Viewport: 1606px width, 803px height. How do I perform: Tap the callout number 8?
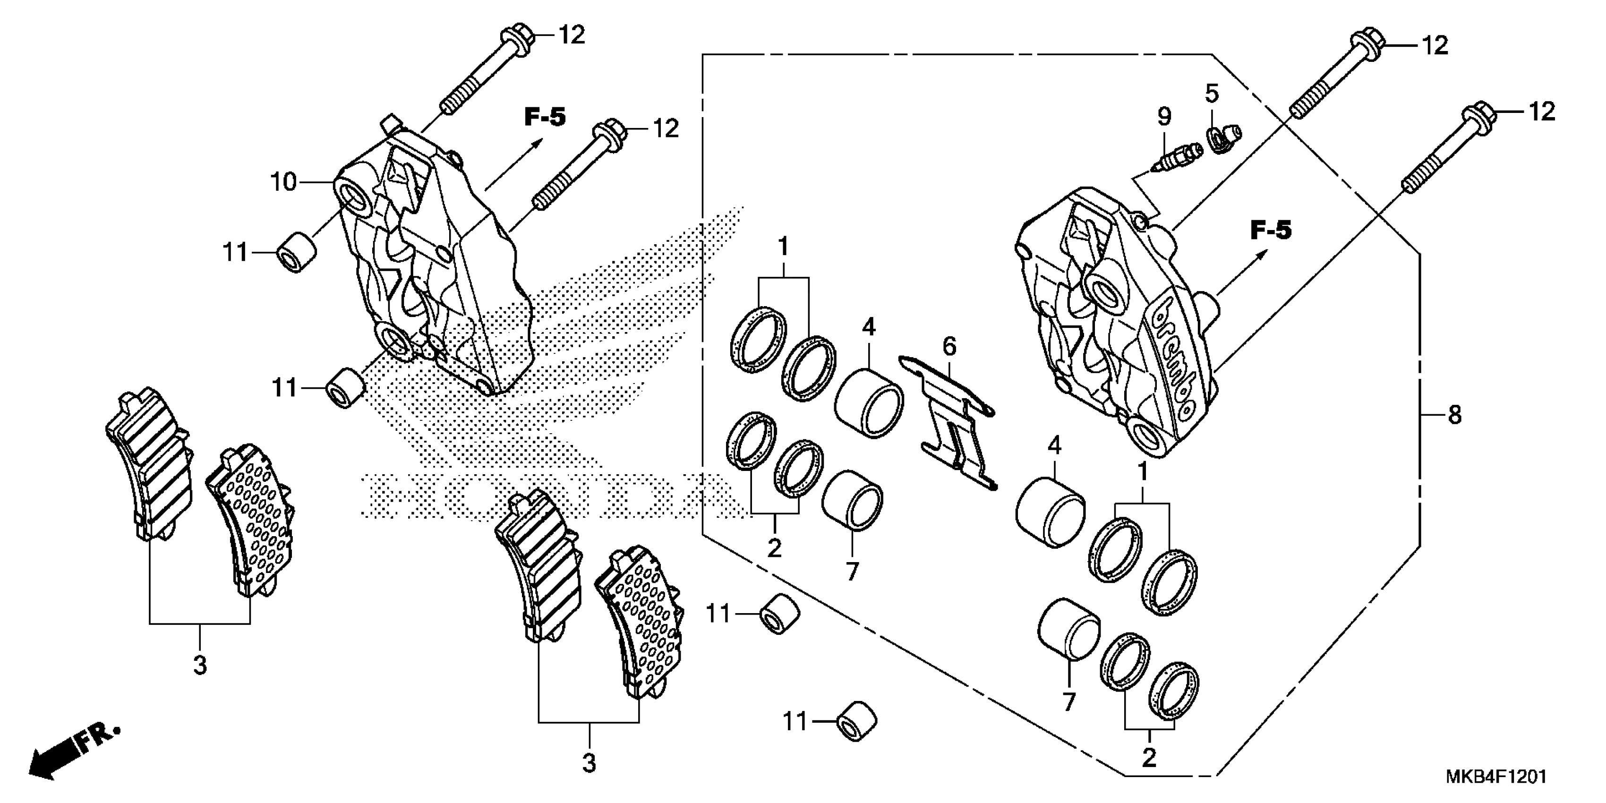[x=1454, y=415]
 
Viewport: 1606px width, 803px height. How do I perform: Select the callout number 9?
[x=1164, y=117]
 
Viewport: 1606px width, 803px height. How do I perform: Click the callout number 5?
[x=1212, y=94]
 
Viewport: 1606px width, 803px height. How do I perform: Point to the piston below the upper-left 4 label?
[x=869, y=403]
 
